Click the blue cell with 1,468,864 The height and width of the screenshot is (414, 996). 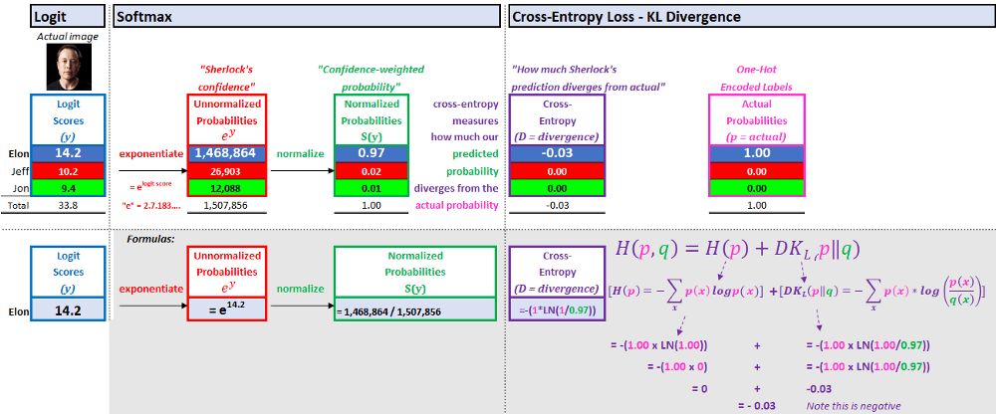[228, 154]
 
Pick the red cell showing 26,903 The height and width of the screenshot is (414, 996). [228, 171]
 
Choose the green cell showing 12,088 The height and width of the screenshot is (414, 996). [228, 188]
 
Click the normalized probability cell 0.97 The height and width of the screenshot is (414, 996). [371, 154]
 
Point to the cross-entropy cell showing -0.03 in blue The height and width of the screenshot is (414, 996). [557, 154]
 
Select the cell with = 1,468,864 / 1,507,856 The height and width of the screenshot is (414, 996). [388, 310]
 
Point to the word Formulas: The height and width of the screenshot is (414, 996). [150, 239]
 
